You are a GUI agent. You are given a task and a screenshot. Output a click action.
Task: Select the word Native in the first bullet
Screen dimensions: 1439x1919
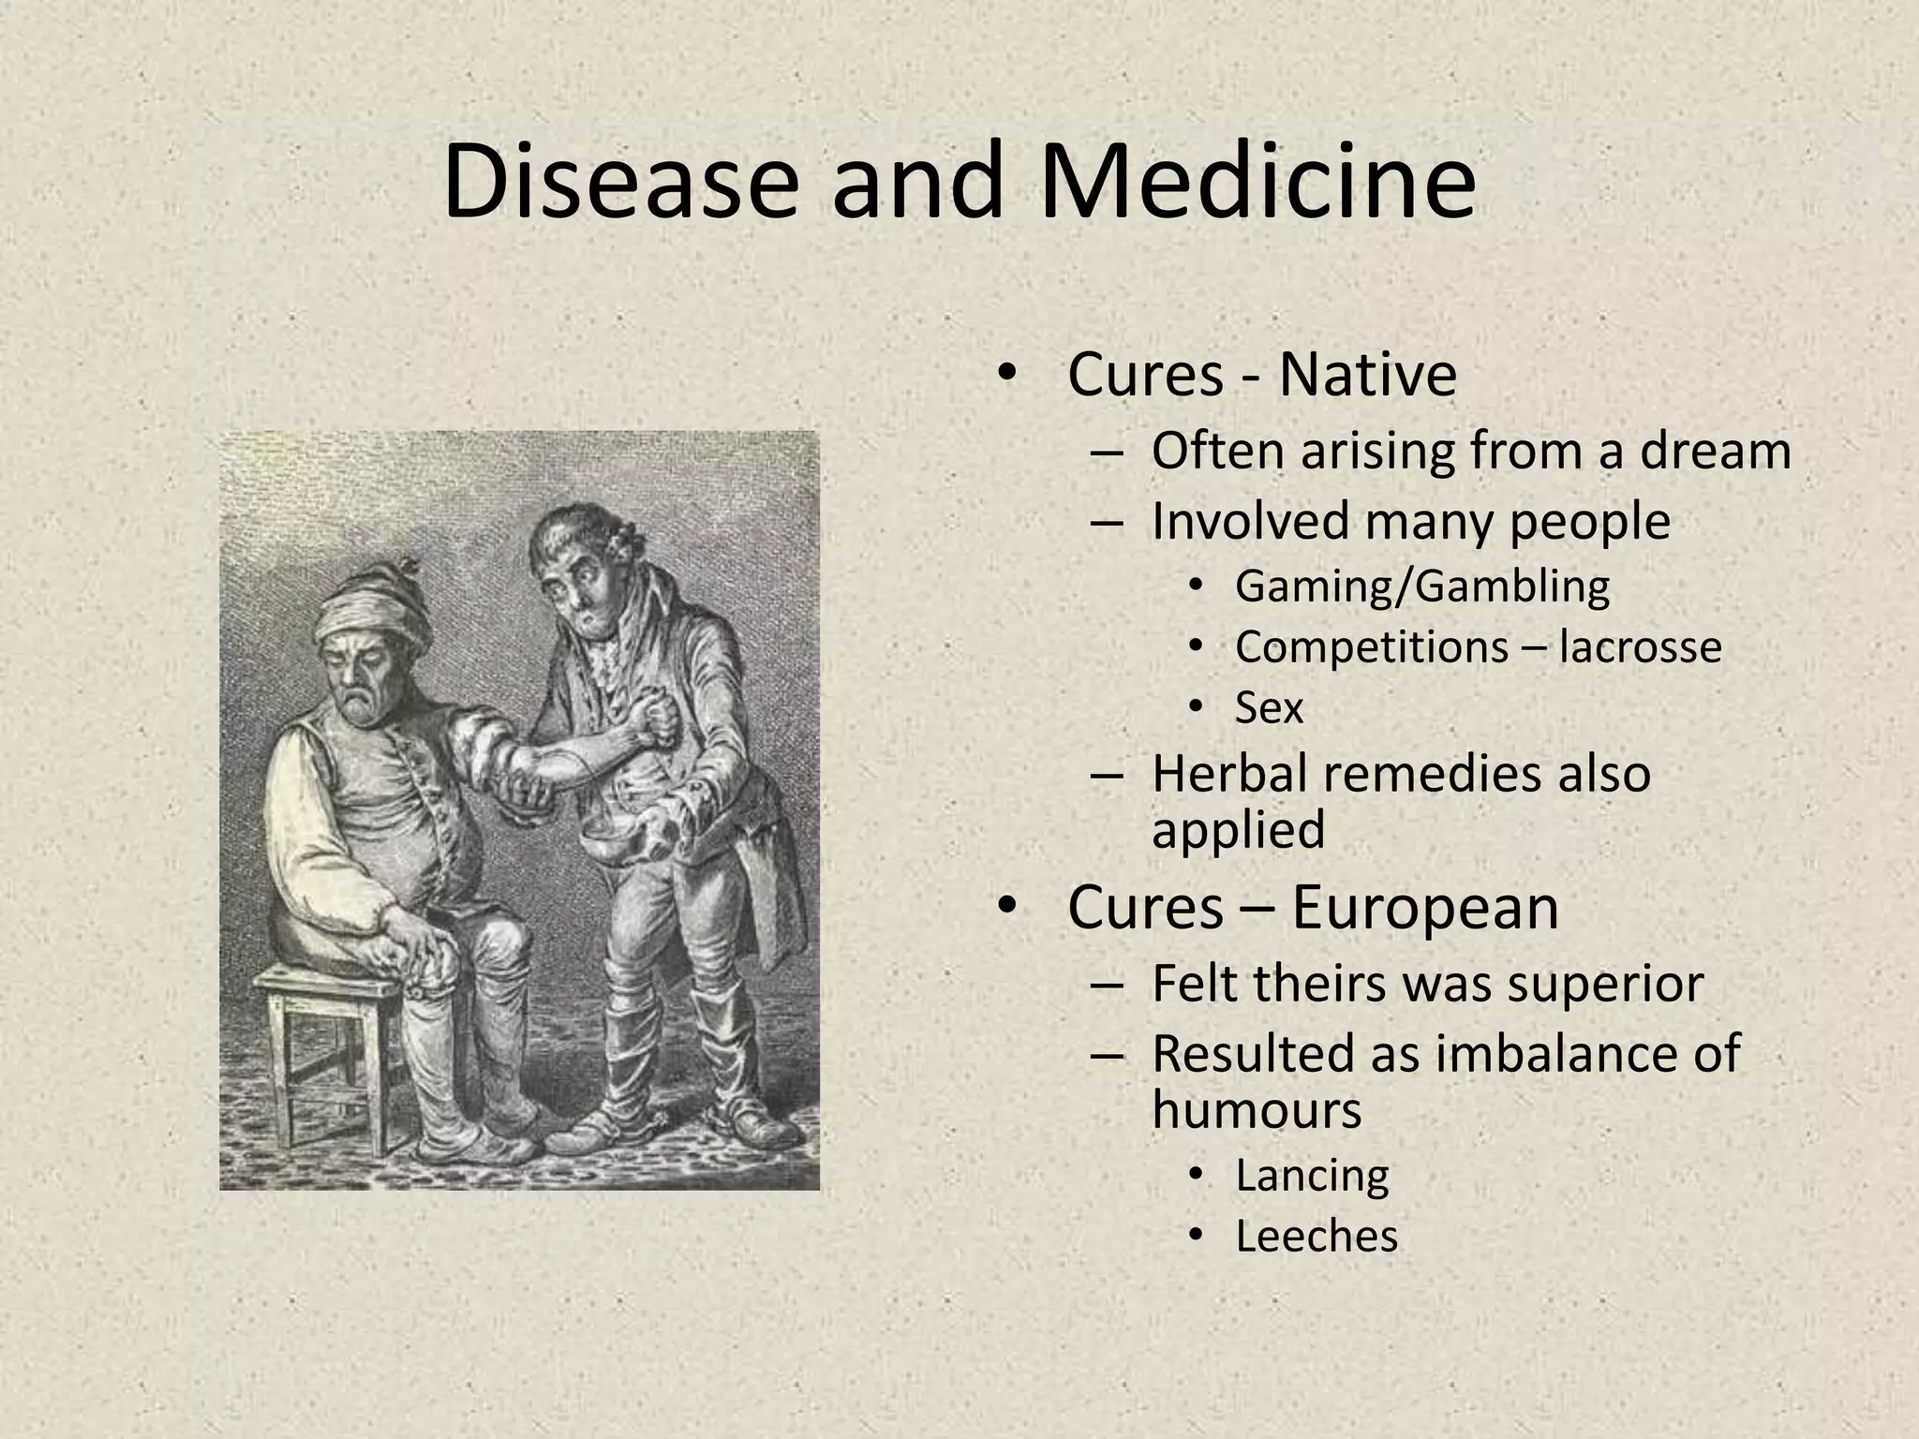click(1367, 375)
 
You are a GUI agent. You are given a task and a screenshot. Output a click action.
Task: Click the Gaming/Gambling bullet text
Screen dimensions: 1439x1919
click(1422, 586)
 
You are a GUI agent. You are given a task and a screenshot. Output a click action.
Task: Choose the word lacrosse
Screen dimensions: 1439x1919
click(1640, 647)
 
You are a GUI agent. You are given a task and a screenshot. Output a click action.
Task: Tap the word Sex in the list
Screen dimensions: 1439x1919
click(1269, 707)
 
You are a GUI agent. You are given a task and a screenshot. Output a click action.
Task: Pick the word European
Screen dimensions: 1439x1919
click(1425, 908)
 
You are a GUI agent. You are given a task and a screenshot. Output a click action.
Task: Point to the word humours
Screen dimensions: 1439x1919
click(1257, 1110)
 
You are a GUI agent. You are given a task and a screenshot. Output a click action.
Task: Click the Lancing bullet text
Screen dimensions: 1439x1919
click(1312, 1176)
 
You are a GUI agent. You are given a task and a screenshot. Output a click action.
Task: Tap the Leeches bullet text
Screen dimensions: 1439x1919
click(1317, 1237)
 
